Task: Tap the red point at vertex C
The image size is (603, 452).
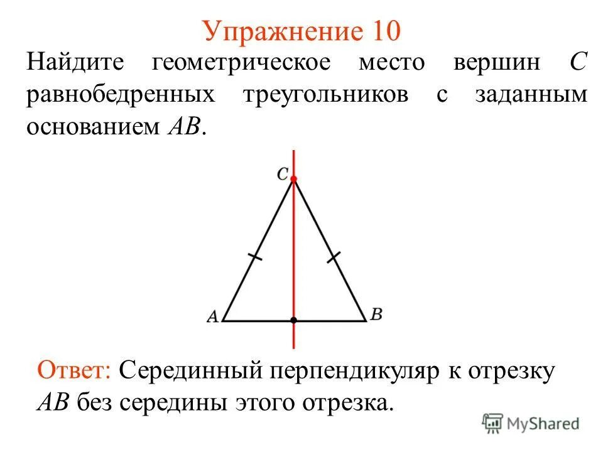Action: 293,179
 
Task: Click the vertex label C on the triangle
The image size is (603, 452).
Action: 283,175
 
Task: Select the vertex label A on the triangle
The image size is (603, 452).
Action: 212,317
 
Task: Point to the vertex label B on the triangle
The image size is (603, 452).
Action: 376,315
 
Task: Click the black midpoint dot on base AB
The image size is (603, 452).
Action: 293,321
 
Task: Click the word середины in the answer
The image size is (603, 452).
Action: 178,402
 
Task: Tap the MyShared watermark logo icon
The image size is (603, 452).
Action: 494,423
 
